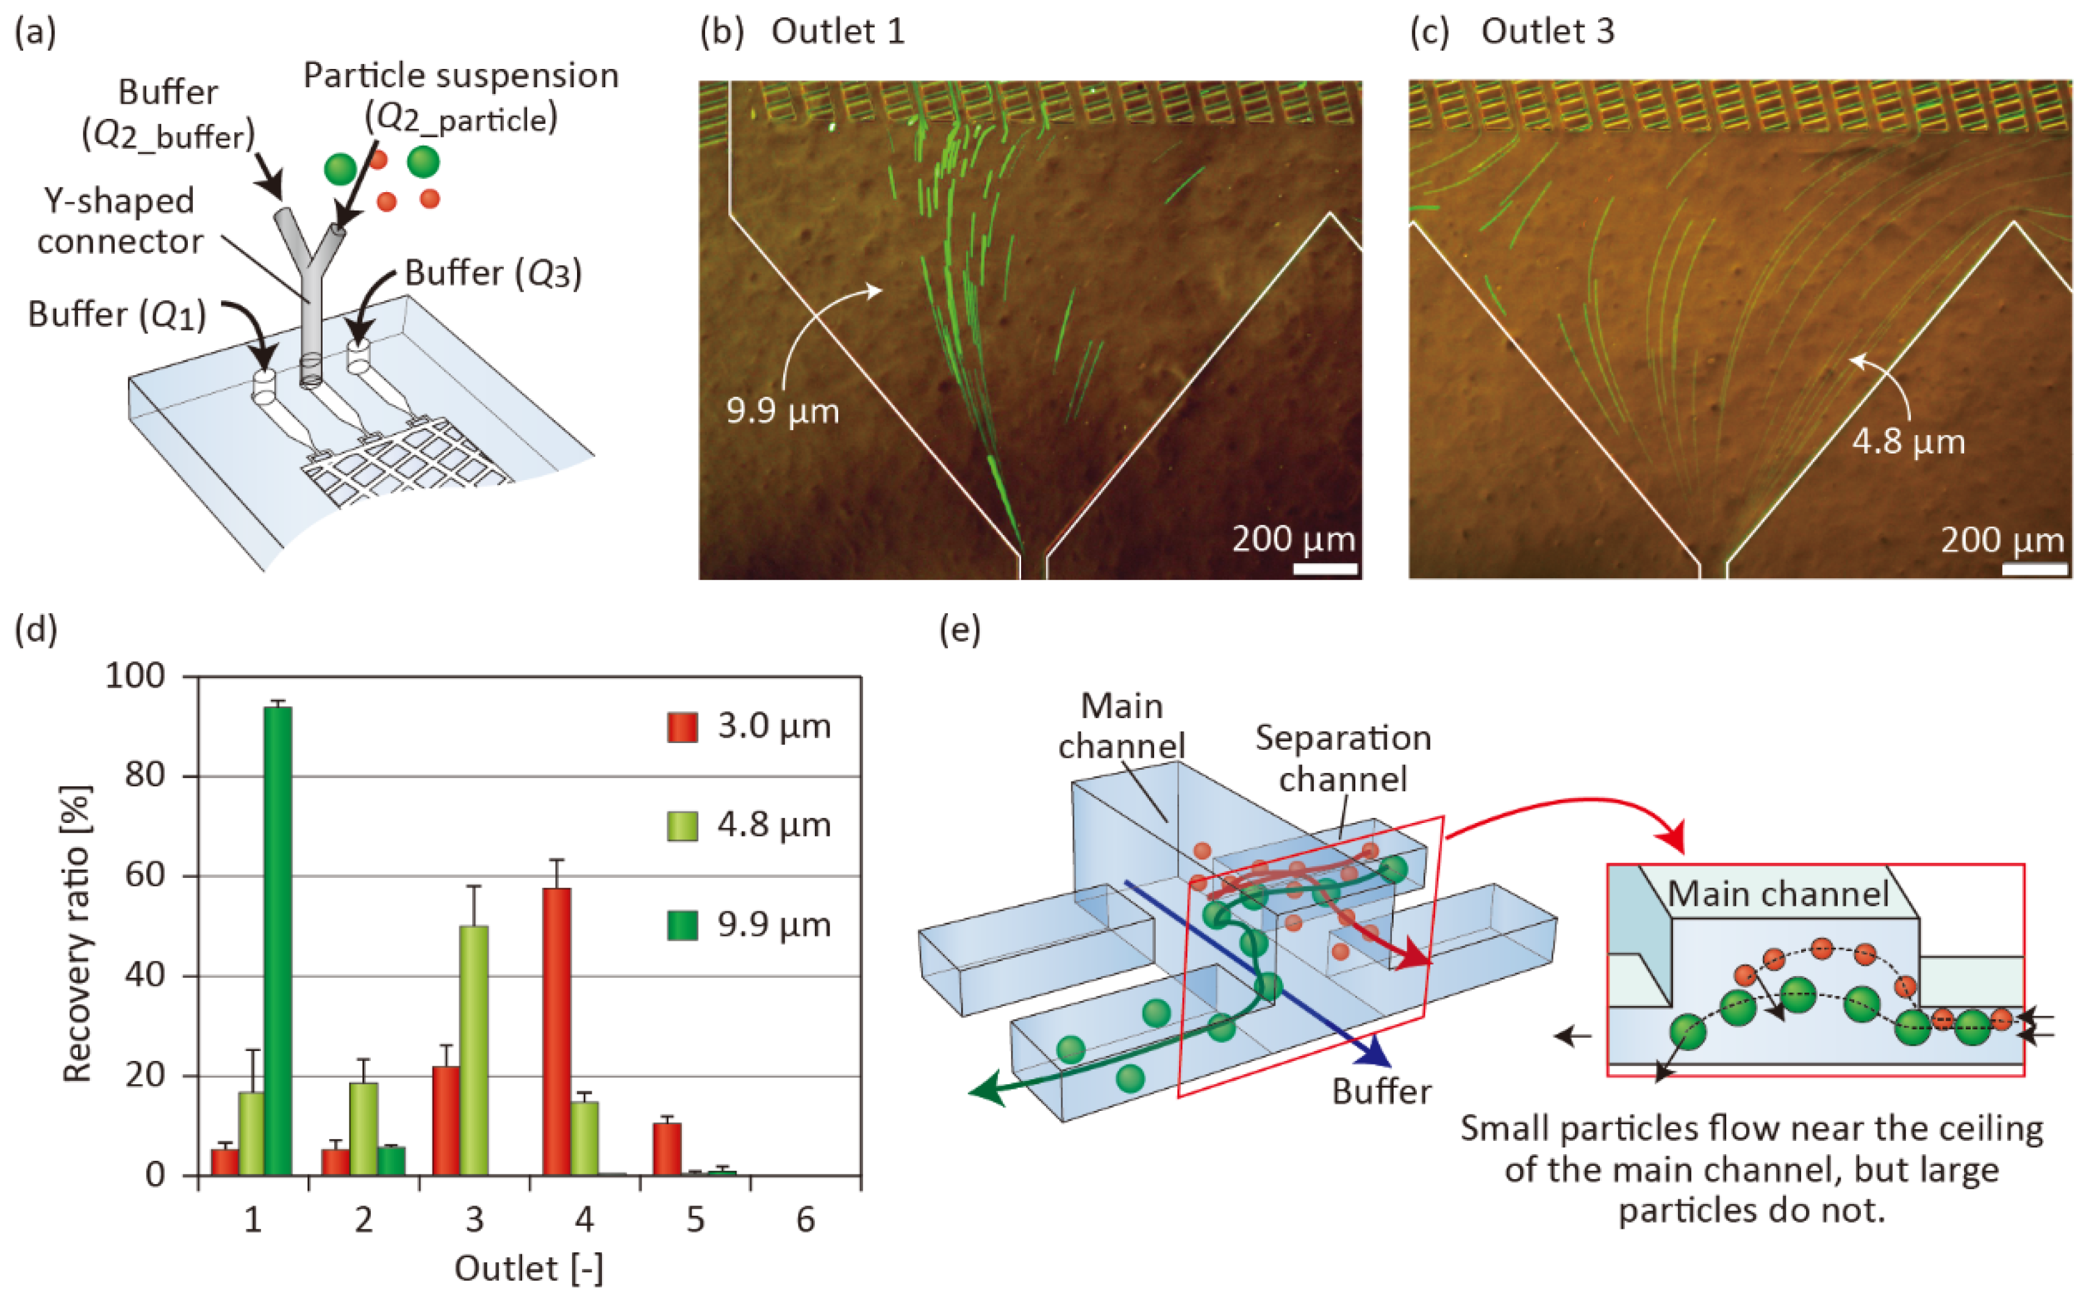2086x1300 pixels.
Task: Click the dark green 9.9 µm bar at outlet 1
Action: click(278, 941)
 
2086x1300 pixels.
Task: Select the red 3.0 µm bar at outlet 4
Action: click(557, 1031)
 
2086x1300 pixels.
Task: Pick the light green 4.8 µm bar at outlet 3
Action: click(473, 1050)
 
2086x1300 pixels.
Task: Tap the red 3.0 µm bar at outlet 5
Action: click(667, 1149)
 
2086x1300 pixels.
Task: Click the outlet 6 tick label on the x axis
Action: click(805, 1219)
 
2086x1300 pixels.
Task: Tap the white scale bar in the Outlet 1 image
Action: click(1324, 569)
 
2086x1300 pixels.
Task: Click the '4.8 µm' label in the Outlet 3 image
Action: click(1908, 442)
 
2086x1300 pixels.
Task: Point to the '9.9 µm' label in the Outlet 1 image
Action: click(782, 411)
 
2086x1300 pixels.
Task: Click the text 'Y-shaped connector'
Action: click(120, 221)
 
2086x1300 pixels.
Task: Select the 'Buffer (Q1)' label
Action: click(117, 315)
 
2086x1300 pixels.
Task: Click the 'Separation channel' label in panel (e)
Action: click(1342, 758)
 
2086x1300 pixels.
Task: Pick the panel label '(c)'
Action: click(1428, 32)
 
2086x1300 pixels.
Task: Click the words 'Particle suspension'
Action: click(461, 76)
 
